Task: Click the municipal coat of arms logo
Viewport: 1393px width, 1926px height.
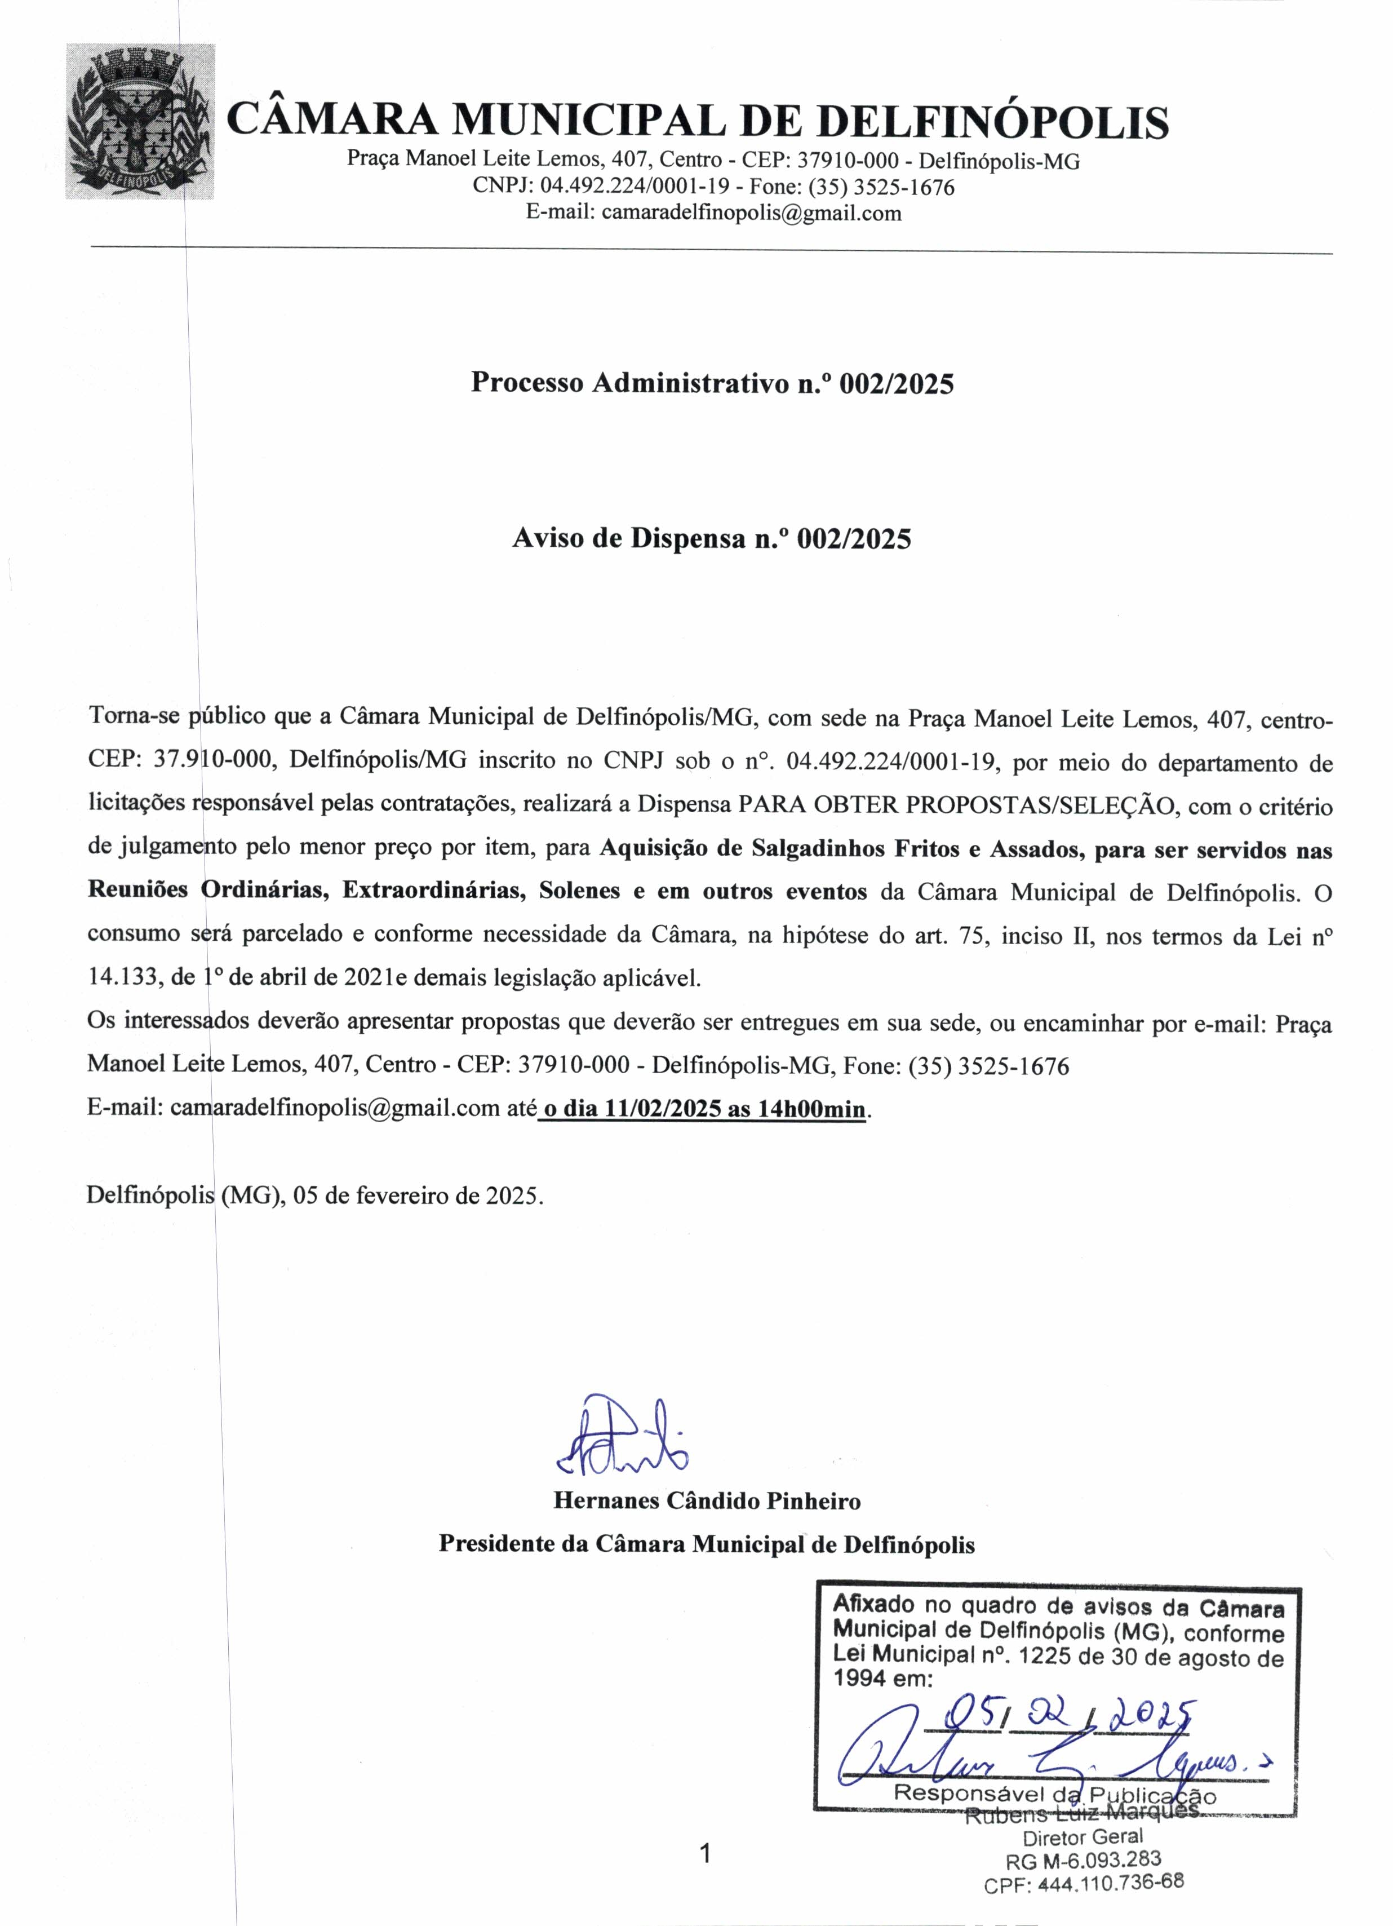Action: click(140, 121)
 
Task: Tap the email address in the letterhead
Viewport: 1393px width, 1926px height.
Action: click(751, 212)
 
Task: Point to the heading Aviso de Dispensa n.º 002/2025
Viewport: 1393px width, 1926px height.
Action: click(711, 538)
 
